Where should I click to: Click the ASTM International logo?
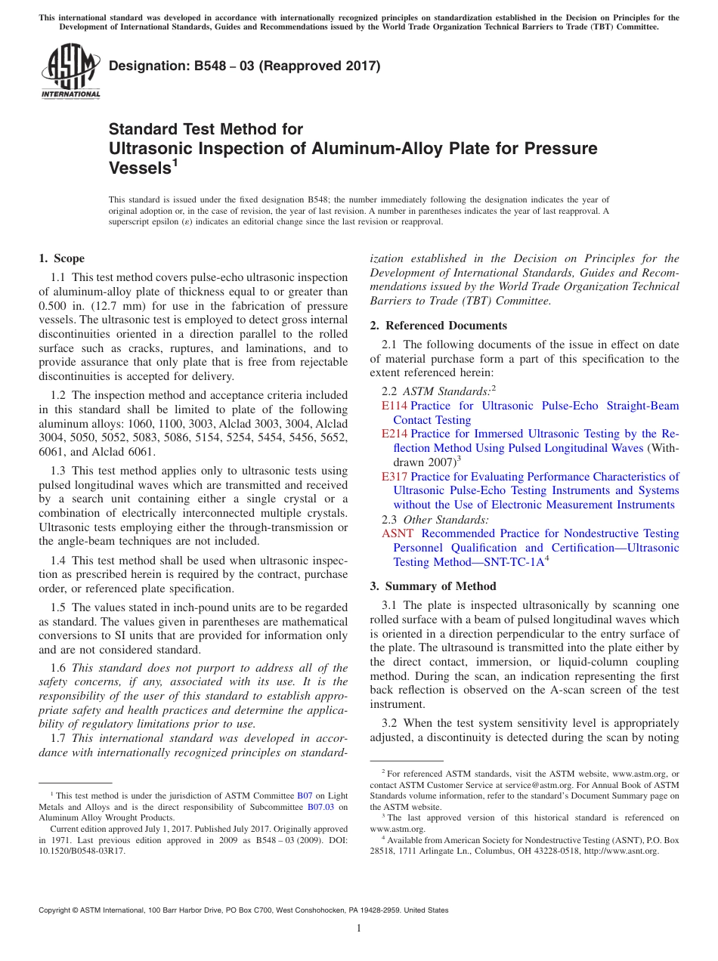click(70, 73)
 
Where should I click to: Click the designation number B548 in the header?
click(192, 66)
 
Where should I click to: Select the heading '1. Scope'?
click(62, 258)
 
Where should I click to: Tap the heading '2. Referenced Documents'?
click(438, 326)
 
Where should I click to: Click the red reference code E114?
click(395, 406)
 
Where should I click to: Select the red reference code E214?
click(395, 434)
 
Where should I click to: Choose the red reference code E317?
click(395, 477)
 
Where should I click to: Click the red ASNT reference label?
click(398, 533)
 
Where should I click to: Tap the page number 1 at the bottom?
click(359, 928)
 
